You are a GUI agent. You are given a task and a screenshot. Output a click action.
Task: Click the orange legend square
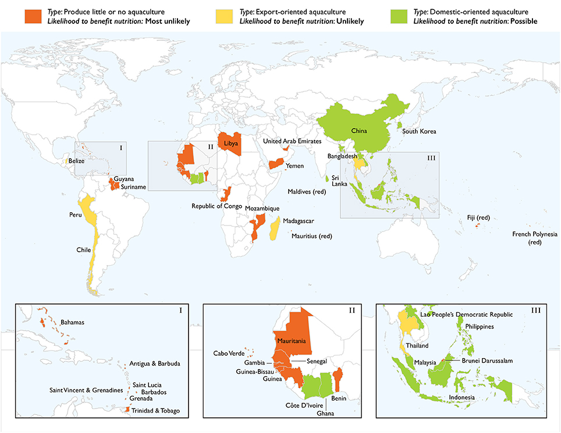coord(33,17)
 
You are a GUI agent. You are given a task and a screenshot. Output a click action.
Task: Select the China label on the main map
coord(359,131)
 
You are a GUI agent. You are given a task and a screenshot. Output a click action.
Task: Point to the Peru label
coord(77,215)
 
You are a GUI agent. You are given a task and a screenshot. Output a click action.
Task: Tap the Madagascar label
coord(299,221)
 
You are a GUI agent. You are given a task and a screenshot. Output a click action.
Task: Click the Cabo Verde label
coord(228,353)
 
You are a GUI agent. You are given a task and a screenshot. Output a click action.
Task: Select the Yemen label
coord(294,166)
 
